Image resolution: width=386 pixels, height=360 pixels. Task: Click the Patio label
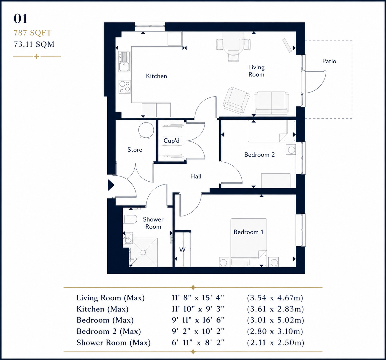(x=329, y=61)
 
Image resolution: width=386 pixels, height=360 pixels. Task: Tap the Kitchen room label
(x=157, y=76)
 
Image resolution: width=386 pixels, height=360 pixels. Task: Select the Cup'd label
(x=171, y=140)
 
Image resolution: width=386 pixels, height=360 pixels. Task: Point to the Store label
(x=135, y=150)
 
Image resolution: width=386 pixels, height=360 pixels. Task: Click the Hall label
(x=196, y=176)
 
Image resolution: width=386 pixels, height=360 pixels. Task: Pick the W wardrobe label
(x=182, y=250)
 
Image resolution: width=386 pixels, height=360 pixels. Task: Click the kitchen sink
(x=125, y=62)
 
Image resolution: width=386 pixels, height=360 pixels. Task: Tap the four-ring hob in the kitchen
(x=125, y=87)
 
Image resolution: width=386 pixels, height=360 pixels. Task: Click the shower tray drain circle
(x=143, y=252)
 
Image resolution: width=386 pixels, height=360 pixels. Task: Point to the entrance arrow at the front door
(x=111, y=185)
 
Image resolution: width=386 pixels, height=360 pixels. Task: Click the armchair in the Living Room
(x=236, y=100)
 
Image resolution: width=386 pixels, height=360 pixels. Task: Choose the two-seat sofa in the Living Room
(x=271, y=103)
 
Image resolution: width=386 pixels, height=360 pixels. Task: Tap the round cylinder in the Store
(x=146, y=130)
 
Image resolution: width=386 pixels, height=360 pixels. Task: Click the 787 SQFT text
(x=32, y=33)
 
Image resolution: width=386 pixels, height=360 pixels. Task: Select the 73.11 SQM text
(x=34, y=44)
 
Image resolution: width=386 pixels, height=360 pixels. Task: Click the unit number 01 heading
(x=21, y=19)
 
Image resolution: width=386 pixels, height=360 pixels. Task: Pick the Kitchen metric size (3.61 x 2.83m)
(x=275, y=309)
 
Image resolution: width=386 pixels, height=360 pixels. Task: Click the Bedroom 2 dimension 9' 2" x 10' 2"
(x=198, y=331)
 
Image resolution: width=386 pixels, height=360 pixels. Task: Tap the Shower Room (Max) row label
(x=114, y=343)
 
